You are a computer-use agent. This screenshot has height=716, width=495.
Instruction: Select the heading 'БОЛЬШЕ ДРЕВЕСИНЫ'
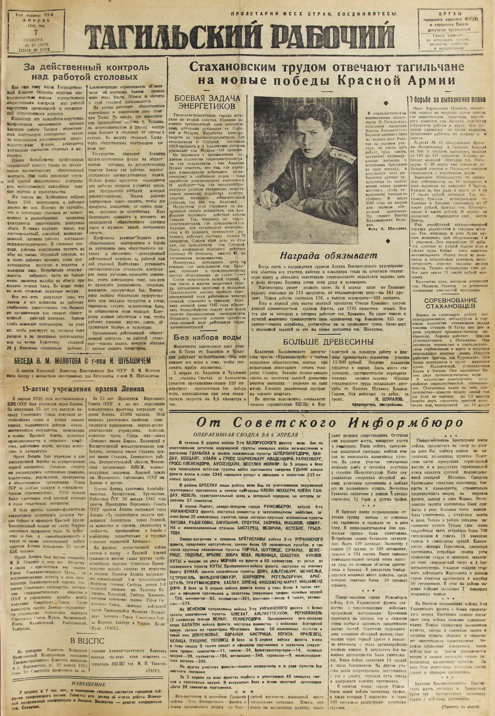pyautogui.click(x=329, y=342)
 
